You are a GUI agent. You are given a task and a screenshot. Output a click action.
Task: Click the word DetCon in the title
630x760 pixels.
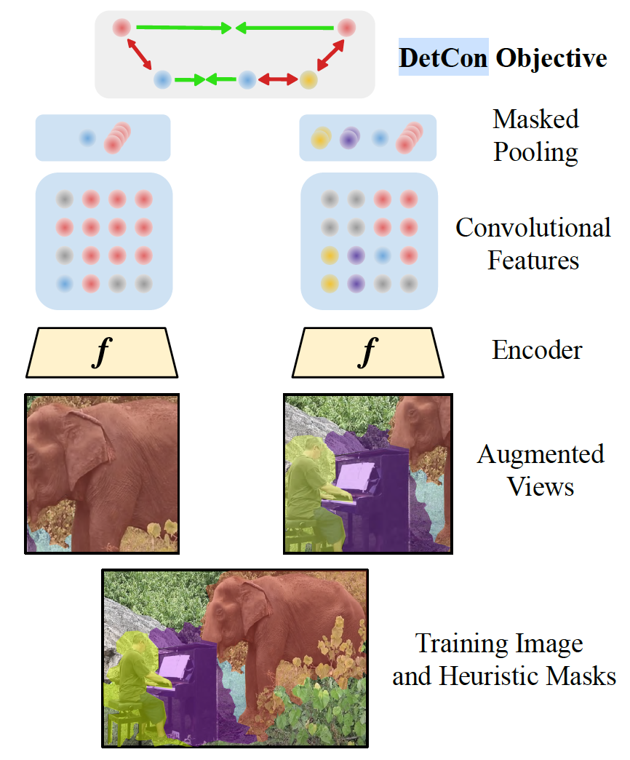click(443, 58)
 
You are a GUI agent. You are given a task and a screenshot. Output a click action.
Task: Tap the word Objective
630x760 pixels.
click(551, 58)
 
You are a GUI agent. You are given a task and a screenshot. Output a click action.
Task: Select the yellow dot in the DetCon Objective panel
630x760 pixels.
click(308, 79)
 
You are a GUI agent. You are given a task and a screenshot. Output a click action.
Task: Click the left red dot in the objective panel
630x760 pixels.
click(121, 28)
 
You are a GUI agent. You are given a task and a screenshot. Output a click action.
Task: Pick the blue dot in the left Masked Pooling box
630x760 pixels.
click(87, 137)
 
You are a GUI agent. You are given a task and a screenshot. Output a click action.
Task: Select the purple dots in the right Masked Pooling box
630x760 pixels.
click(351, 137)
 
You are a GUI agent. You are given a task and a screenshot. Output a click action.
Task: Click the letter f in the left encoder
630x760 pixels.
click(103, 352)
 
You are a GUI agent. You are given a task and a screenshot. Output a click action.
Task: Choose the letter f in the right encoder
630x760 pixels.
click(368, 352)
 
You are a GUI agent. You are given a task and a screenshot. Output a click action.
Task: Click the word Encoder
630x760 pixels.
click(537, 350)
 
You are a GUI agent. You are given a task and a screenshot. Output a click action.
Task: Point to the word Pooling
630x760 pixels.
click(536, 152)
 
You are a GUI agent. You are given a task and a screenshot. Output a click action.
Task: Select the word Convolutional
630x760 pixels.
click(533, 228)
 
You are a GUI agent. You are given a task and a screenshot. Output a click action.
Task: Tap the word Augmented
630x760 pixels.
click(541, 454)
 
